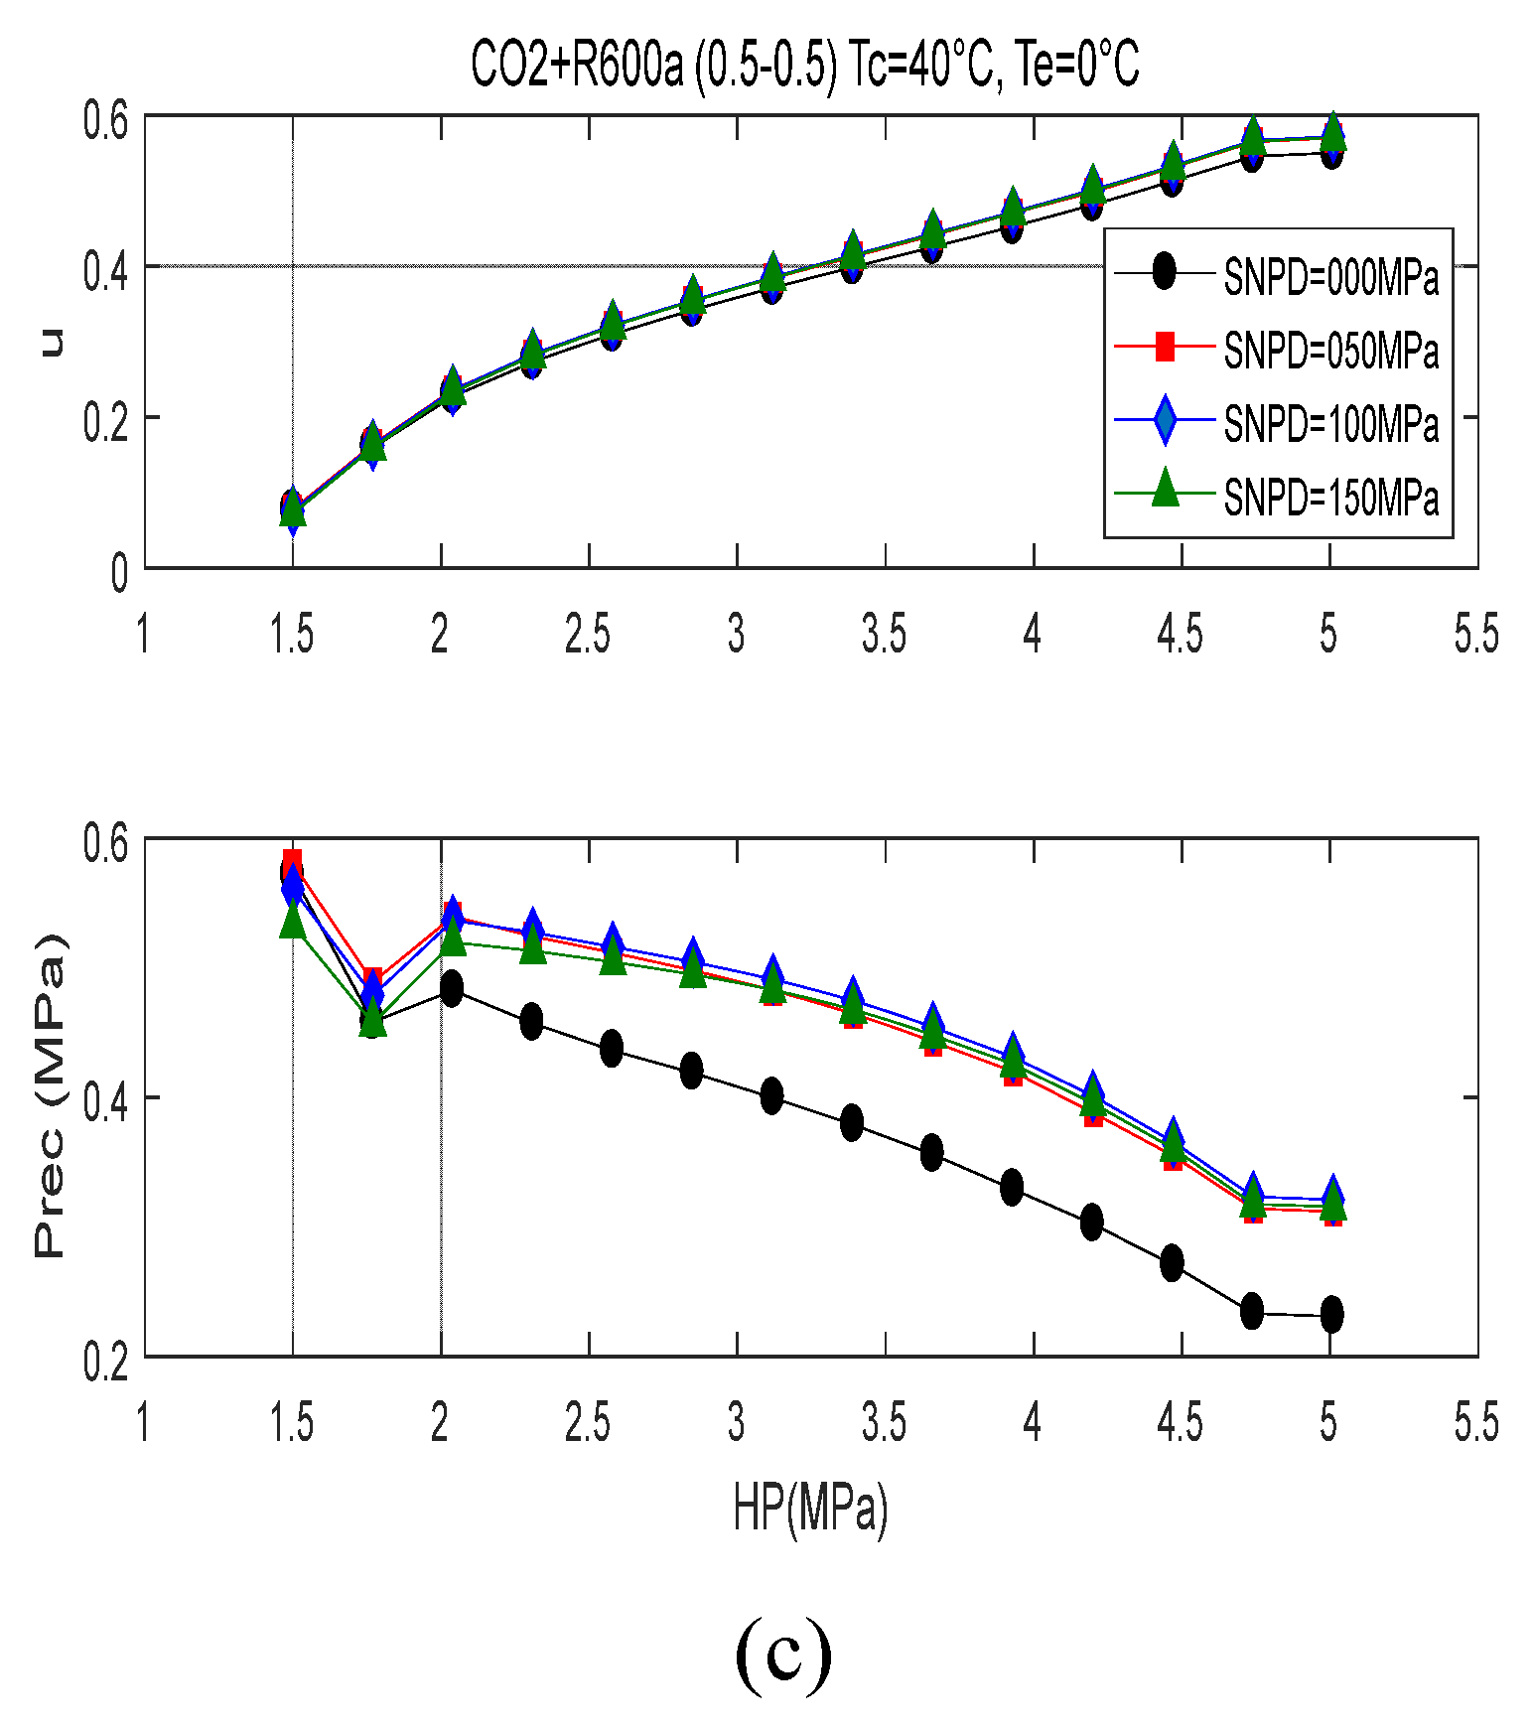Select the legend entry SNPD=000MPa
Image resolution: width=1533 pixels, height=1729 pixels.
click(1330, 276)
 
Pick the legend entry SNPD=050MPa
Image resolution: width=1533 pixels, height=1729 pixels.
click(1330, 350)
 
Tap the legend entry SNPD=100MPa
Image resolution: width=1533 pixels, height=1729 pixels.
click(1330, 423)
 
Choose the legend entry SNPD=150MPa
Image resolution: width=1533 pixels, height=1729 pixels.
click(1330, 497)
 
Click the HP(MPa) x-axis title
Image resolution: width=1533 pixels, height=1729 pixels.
click(810, 1508)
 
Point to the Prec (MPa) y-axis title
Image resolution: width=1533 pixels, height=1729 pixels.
click(50, 1095)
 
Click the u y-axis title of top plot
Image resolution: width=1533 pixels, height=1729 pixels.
click(51, 342)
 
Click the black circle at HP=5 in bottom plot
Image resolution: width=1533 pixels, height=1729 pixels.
click(1332, 1315)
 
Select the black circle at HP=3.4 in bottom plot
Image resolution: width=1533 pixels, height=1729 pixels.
click(852, 1123)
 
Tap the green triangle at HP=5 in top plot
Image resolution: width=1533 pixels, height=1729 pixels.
click(1332, 130)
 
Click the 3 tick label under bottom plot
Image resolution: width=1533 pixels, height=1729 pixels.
click(737, 1423)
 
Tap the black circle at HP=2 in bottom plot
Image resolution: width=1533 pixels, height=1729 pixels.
click(452, 988)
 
